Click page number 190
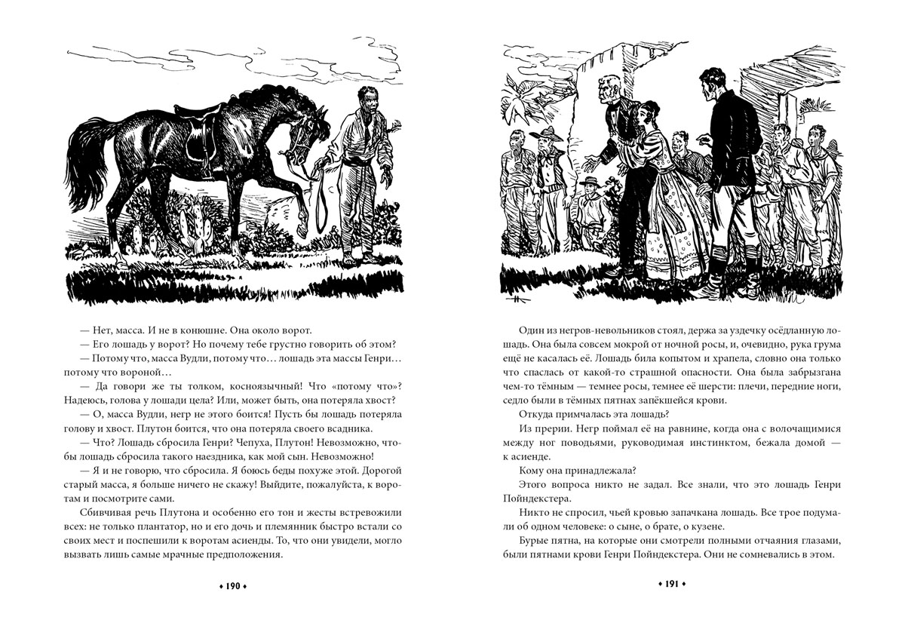233,585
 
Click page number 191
670,585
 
